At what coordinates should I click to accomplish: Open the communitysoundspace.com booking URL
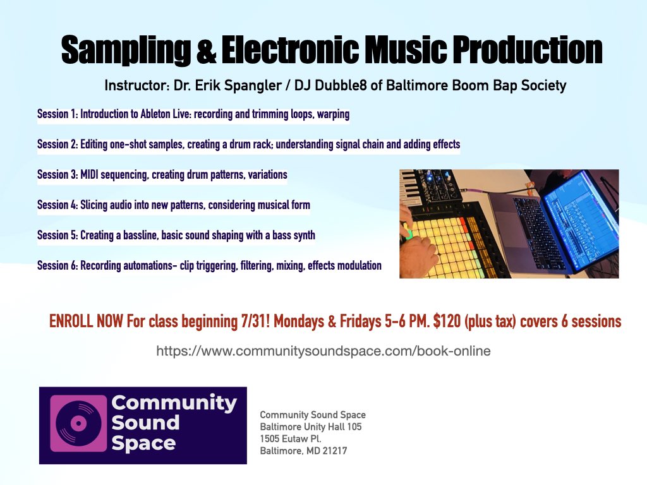(x=323, y=350)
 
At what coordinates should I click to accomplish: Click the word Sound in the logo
(x=145, y=423)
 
